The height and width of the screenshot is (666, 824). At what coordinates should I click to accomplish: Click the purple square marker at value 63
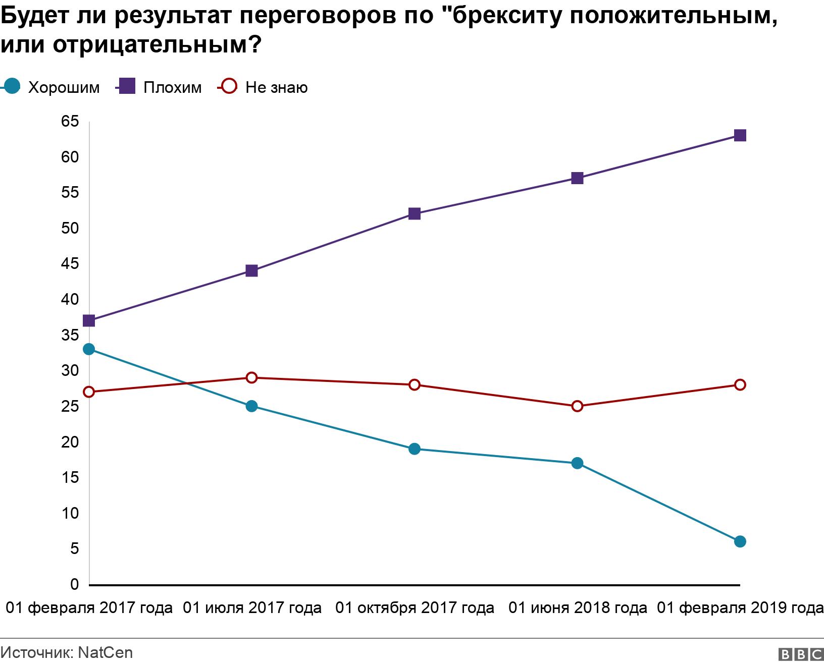[x=740, y=135]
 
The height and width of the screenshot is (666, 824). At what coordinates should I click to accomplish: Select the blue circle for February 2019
[x=740, y=541]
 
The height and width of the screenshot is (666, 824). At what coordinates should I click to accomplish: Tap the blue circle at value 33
[x=89, y=349]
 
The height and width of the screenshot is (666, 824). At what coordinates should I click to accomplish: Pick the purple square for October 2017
[x=414, y=213]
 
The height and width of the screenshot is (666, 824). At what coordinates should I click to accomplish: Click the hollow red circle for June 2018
[x=577, y=406]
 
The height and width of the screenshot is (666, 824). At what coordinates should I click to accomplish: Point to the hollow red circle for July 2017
[x=251, y=377]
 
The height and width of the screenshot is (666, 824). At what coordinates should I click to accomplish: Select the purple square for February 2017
[x=89, y=320]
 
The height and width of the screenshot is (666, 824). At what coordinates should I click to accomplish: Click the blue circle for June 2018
[x=577, y=463]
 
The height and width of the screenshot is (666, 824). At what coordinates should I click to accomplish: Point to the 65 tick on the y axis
[x=70, y=121]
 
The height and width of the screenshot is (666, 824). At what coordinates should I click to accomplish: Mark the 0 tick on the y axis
[x=75, y=584]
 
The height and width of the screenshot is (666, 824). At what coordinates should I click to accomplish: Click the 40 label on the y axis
[x=70, y=299]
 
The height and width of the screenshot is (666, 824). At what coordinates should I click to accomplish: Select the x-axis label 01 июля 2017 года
[x=252, y=608]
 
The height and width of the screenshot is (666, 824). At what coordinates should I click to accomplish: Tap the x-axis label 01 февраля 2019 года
[x=740, y=608]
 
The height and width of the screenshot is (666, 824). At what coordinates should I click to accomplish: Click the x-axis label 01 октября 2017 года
[x=415, y=608]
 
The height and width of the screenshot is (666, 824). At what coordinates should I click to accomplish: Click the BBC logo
[x=801, y=654]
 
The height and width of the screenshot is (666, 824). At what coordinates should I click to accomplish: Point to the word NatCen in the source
[x=106, y=652]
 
